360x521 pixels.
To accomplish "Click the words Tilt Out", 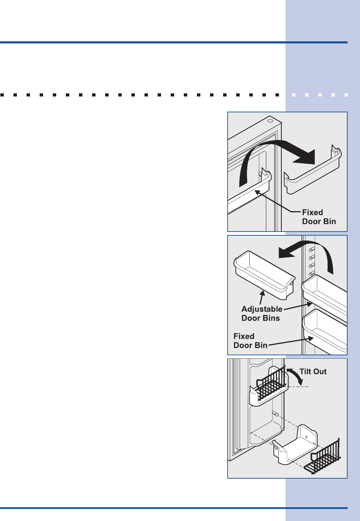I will click(313, 371).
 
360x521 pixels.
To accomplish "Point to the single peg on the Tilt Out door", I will click(276, 413).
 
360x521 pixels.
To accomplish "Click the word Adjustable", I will click(262, 309).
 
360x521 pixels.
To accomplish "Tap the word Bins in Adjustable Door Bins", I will click(271, 318).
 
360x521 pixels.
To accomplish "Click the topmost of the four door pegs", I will click(311, 249).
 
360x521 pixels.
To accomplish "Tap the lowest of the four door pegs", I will click(311, 274).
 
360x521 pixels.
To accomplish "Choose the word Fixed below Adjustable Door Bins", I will click(244, 336).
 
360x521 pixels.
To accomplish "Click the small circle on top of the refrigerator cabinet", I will click(269, 121).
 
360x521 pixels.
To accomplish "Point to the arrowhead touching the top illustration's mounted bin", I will click(257, 192).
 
